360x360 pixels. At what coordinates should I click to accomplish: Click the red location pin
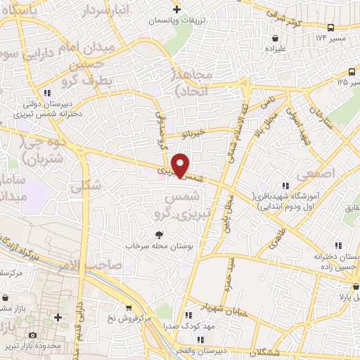181,165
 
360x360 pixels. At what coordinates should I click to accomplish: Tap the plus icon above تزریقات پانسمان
176,9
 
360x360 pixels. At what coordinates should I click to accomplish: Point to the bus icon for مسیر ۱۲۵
352,71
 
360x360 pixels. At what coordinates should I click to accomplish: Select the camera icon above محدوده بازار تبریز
32,336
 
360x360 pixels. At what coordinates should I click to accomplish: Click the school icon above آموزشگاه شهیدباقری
285,184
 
